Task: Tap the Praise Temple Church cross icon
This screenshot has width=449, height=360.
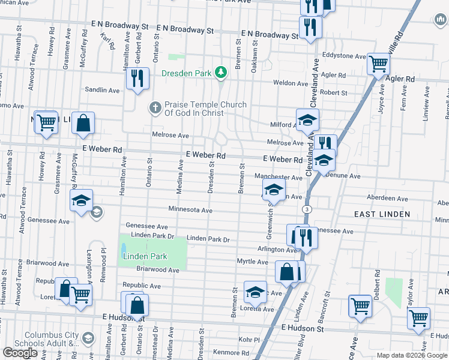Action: (154, 107)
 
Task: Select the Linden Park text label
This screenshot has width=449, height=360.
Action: (144, 256)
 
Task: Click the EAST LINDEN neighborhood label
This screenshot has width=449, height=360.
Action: (382, 214)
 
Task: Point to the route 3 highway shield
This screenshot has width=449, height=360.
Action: (307, 208)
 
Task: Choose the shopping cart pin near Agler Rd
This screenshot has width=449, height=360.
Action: (378, 64)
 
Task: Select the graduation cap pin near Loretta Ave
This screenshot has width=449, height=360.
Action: (255, 292)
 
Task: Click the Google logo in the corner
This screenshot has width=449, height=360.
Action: (20, 352)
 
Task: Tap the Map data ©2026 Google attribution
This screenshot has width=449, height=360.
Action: (412, 355)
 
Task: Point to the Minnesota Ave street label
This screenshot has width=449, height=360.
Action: (190, 211)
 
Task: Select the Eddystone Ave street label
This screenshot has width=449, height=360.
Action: (344, 56)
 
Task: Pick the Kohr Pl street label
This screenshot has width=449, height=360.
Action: (247, 339)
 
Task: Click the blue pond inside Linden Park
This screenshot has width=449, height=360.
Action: (124, 248)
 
